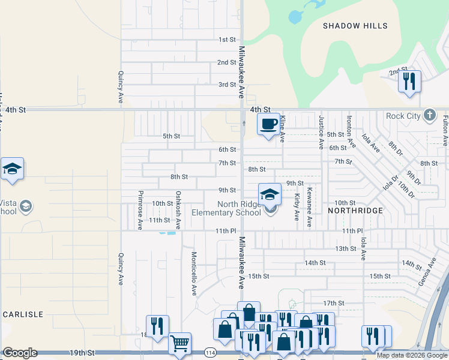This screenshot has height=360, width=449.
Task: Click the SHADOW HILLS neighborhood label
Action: click(x=355, y=26)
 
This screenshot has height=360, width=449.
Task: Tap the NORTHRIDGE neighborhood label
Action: click(x=355, y=211)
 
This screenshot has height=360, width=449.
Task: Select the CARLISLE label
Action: click(x=23, y=314)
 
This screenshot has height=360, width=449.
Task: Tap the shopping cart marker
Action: click(x=179, y=343)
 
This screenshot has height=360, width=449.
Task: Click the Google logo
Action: click(x=20, y=353)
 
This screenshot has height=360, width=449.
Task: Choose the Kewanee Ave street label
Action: click(x=309, y=207)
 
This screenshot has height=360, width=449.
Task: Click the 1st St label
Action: click(x=227, y=40)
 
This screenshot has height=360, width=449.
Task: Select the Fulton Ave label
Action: click(x=445, y=131)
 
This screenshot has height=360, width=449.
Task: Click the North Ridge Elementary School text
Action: click(x=226, y=208)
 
